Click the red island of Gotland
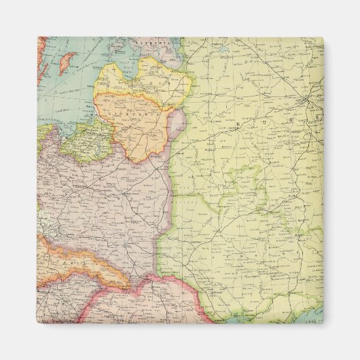point(66,64)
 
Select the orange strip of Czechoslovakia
point(75,258)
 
